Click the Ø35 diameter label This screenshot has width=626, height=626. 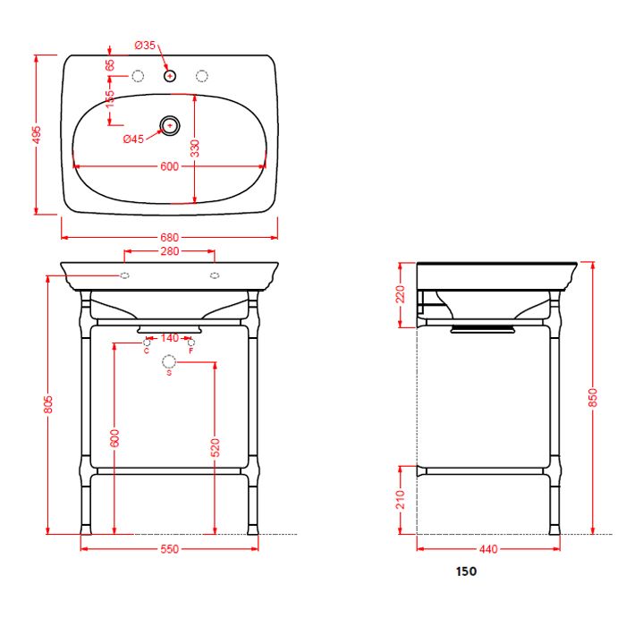click(145, 45)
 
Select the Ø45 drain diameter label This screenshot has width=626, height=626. click(133, 139)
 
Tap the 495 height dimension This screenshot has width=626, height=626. click(38, 134)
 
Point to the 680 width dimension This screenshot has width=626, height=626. click(170, 238)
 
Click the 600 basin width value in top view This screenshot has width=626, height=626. click(169, 166)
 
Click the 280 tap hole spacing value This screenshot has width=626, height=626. click(169, 252)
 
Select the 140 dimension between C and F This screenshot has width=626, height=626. click(169, 338)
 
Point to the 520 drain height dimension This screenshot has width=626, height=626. click(215, 447)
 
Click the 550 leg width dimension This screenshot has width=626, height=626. click(170, 548)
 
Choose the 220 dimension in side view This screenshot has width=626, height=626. click(402, 294)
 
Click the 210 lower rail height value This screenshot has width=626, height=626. click(402, 499)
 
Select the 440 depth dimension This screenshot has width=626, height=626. click(488, 548)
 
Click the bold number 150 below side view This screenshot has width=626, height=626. click(466, 571)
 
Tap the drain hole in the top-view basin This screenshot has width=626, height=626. click(169, 125)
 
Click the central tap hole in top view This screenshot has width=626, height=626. click(169, 77)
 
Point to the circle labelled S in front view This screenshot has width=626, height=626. click(169, 360)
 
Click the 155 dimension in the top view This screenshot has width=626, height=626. click(110, 99)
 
